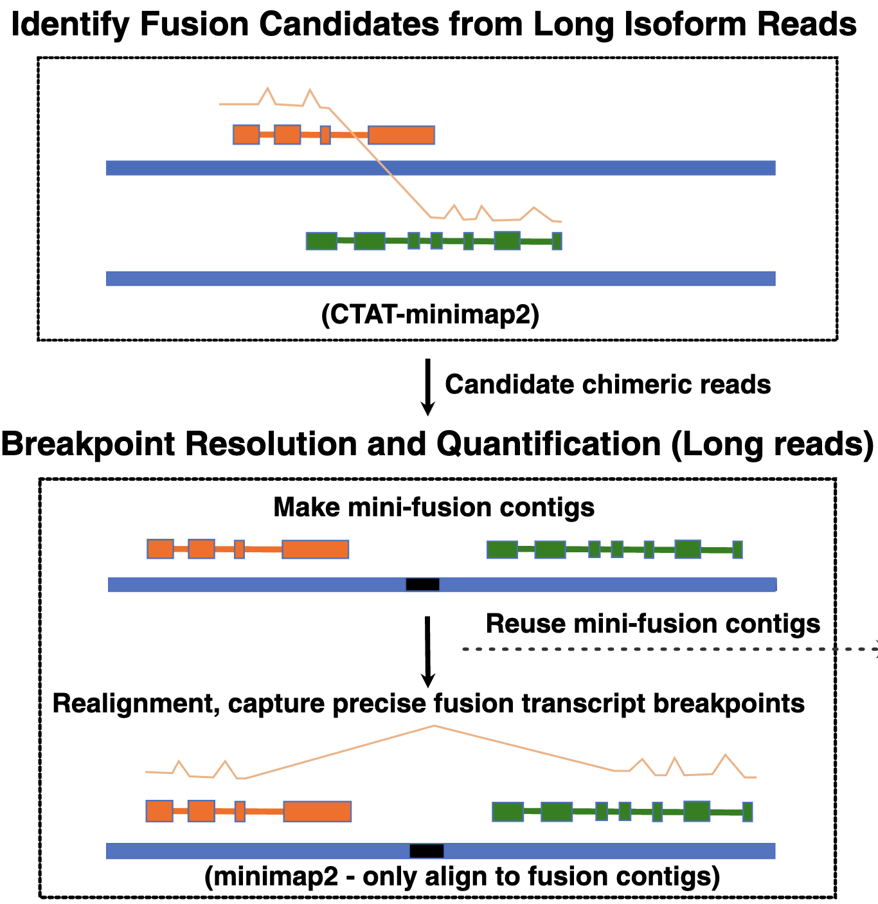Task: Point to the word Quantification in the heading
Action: pos(548,444)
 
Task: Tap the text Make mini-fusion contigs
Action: pos(434,507)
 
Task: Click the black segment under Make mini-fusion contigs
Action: pos(422,584)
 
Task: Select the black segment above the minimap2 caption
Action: pos(427,851)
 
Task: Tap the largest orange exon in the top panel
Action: pos(401,135)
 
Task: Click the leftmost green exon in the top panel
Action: pos(321,241)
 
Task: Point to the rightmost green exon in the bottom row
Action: pos(748,811)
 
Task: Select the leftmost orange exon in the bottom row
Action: pos(159,811)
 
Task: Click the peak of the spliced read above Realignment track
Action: pos(435,726)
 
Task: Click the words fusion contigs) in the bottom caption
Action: pos(668,876)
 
